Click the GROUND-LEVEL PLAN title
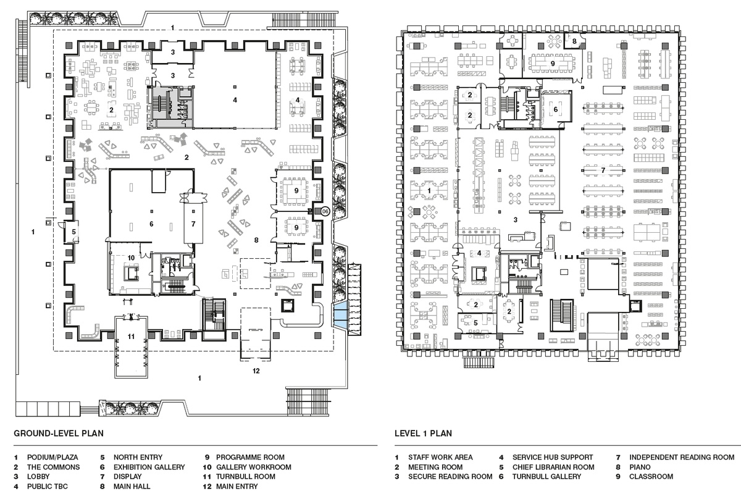coord(59,433)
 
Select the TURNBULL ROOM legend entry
coord(245,477)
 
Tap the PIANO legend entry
coord(642,467)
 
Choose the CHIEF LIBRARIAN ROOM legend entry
coord(553,467)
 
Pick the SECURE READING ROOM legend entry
coord(450,477)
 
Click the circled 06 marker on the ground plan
coord(325,211)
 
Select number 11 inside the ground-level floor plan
coord(130,337)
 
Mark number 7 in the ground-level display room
coord(193,224)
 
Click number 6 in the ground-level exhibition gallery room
coord(151,224)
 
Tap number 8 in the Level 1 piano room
coord(574,41)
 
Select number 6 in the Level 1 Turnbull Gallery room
coord(555,109)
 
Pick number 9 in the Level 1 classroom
coord(553,63)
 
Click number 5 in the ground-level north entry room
coord(73,232)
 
